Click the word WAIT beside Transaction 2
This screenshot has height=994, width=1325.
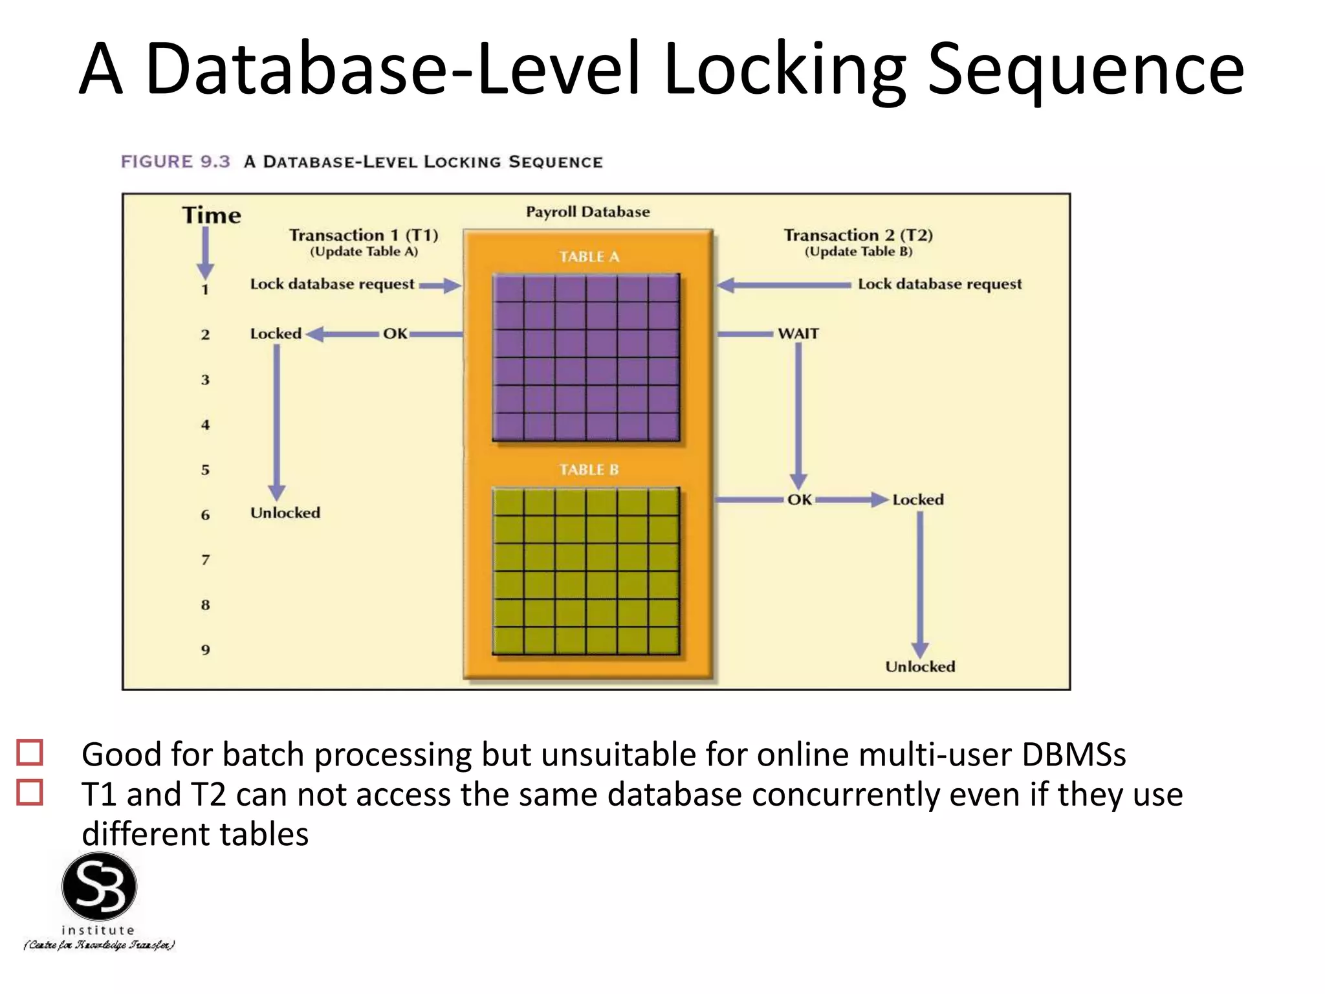click(x=798, y=334)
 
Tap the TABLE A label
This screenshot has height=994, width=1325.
click(x=589, y=257)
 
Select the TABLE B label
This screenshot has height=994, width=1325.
click(x=589, y=470)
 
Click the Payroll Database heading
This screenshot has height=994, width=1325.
click(x=587, y=212)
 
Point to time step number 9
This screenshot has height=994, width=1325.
click(x=205, y=650)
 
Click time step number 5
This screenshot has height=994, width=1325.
click(x=205, y=470)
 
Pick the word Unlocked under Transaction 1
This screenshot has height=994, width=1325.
click(x=285, y=513)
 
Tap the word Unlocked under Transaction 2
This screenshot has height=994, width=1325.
click(x=920, y=667)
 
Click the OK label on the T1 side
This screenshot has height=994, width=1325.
click(x=395, y=334)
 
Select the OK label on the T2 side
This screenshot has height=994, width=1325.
click(x=800, y=500)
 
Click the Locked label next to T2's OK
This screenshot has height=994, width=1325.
click(x=917, y=500)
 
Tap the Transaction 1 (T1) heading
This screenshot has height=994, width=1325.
click(x=364, y=235)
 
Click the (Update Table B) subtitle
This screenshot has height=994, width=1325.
click(x=859, y=252)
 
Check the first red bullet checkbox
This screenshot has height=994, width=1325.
click(x=30, y=753)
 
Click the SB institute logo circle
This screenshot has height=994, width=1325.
click(x=99, y=887)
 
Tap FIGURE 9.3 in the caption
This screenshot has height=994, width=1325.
click(x=175, y=162)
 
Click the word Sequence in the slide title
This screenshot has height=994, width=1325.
click(x=1086, y=70)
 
